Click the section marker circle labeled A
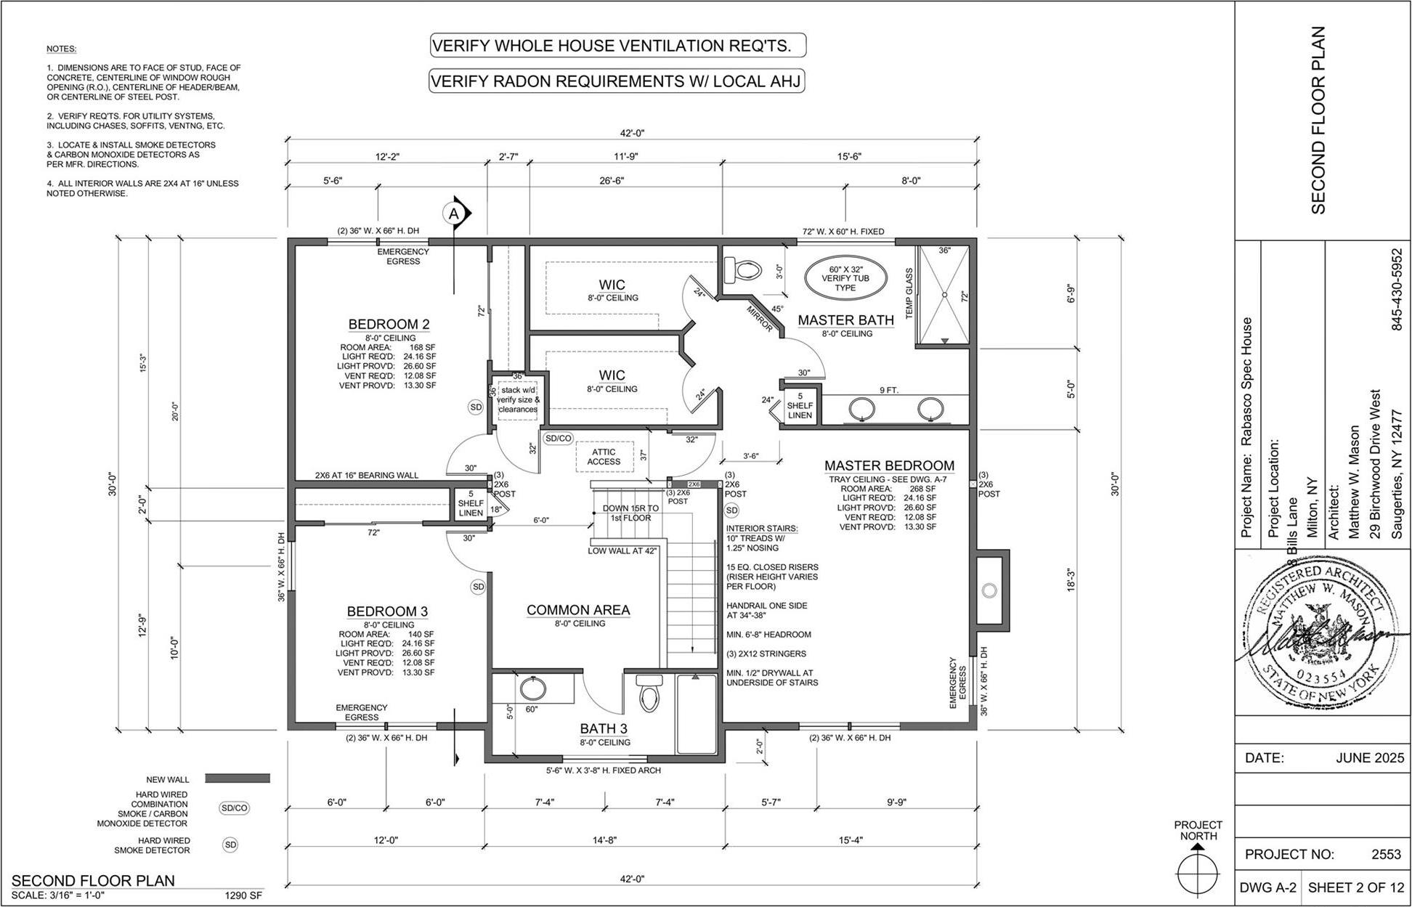(x=454, y=213)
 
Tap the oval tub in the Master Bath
(x=845, y=277)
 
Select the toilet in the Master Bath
(x=744, y=272)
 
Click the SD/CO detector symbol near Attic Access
(x=559, y=439)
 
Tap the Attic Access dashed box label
(x=604, y=457)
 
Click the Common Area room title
(x=578, y=610)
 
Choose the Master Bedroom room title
(x=889, y=465)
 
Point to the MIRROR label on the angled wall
(x=760, y=319)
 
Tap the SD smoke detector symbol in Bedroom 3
(x=478, y=587)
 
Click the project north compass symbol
(x=1197, y=870)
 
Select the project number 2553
(x=1385, y=855)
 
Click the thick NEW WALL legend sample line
(x=238, y=778)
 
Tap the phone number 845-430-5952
(x=1396, y=290)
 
